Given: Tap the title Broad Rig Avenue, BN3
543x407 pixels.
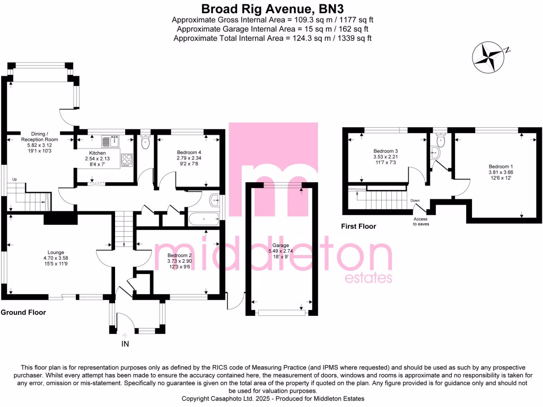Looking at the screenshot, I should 271,8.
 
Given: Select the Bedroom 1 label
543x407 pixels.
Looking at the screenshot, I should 501,165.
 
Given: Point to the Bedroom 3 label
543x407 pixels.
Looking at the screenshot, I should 386,151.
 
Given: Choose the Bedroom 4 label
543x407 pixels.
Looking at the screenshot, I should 189,152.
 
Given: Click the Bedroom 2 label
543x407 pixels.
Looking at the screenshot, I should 164,255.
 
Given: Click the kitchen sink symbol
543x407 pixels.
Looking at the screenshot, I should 110,141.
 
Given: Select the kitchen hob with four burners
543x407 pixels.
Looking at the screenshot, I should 127,159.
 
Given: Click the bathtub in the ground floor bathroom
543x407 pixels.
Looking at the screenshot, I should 203,217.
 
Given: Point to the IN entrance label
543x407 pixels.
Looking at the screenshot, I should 125,343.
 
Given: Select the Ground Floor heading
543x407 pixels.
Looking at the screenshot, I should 23,313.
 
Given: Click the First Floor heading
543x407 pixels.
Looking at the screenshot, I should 358,226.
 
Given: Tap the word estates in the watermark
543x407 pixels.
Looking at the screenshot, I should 368,278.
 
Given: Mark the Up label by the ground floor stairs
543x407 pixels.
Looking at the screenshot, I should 15,180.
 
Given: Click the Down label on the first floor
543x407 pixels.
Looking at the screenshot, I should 415,200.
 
